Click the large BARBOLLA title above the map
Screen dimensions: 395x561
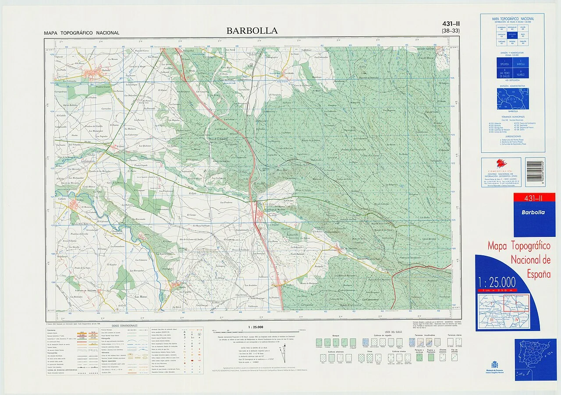point(252,31)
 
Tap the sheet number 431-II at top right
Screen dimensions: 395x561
point(451,24)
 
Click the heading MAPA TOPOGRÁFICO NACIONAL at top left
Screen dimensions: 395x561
point(82,33)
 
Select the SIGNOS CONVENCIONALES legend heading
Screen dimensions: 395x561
point(124,326)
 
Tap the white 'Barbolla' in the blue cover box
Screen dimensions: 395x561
point(533,212)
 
